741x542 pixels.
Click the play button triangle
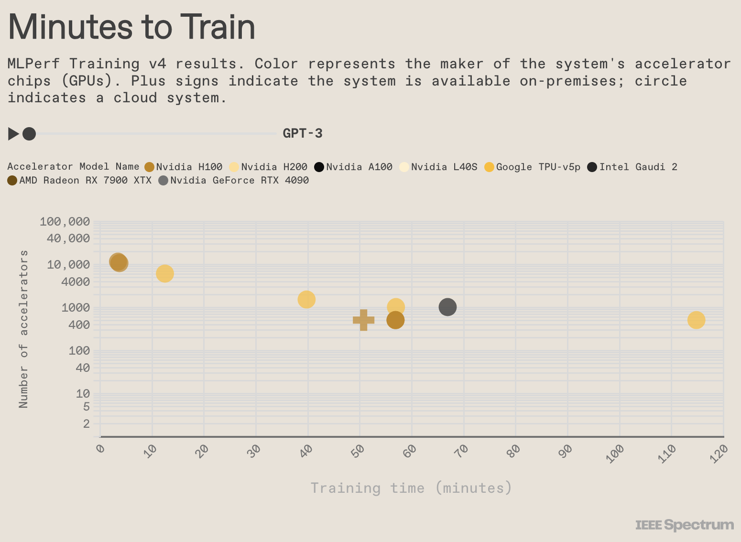[13, 134]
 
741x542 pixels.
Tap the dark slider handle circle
[29, 134]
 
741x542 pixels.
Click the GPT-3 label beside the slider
[303, 133]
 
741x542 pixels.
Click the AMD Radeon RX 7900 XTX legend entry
[79, 180]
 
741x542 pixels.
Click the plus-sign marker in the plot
[363, 320]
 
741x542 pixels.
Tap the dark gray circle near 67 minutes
[447, 307]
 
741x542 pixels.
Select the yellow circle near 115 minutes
[696, 320]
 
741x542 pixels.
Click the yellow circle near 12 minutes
[164, 273]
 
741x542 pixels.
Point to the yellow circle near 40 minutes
[306, 299]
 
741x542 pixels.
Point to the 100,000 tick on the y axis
[65, 221]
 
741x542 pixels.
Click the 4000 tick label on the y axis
[76, 282]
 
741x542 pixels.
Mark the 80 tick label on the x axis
[514, 450]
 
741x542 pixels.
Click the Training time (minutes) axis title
[411, 488]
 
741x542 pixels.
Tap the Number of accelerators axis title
[23, 329]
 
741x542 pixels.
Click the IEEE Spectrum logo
[684, 525]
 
